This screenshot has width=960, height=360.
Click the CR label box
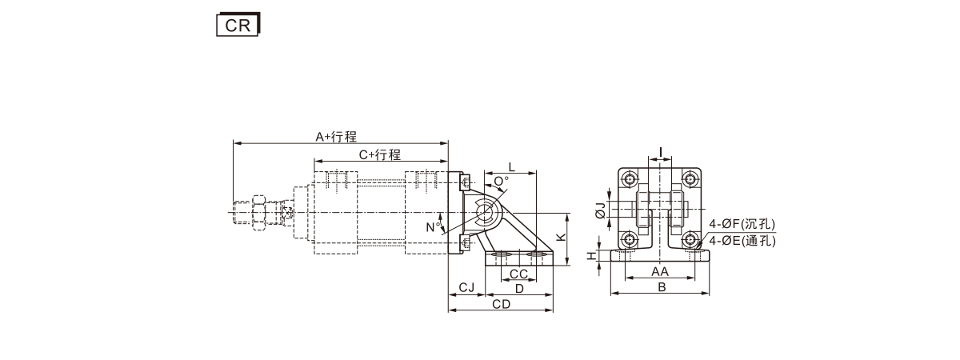[238, 25]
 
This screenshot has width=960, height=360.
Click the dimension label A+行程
[336, 137]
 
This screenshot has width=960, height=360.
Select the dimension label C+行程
[380, 154]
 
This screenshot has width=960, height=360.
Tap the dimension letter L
[511, 166]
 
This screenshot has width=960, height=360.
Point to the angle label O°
[502, 182]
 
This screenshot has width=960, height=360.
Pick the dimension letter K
[561, 237]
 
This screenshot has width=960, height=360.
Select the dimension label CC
[518, 274]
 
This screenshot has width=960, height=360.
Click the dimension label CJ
[466, 287]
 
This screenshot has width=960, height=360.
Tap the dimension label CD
[501, 304]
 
